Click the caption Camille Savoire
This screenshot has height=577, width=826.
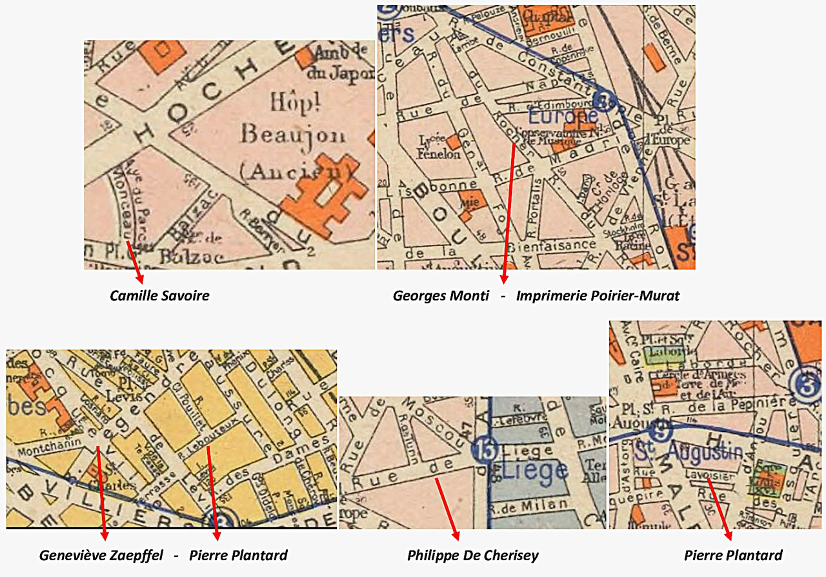159,296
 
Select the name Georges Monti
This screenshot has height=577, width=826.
441,296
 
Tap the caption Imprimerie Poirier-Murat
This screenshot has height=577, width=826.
598,296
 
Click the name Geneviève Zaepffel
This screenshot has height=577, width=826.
101,555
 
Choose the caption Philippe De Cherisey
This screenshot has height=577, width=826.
472,555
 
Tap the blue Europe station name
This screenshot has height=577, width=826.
563,117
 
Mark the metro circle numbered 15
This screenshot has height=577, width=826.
484,450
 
